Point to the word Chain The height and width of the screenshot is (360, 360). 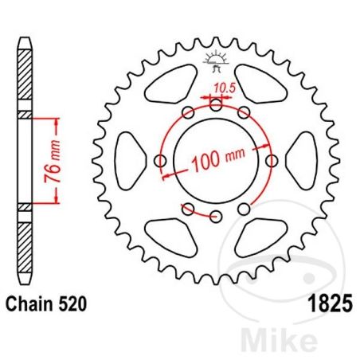[x=30, y=303]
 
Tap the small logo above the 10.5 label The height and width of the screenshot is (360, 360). [x=215, y=58]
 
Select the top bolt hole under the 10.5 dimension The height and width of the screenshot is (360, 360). [x=216, y=104]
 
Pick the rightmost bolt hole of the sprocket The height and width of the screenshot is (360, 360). [x=272, y=161]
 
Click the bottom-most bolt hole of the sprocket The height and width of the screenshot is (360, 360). [x=216, y=215]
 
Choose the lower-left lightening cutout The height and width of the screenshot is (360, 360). [x=176, y=231]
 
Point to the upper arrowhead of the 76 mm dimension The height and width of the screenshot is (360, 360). [x=57, y=120]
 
